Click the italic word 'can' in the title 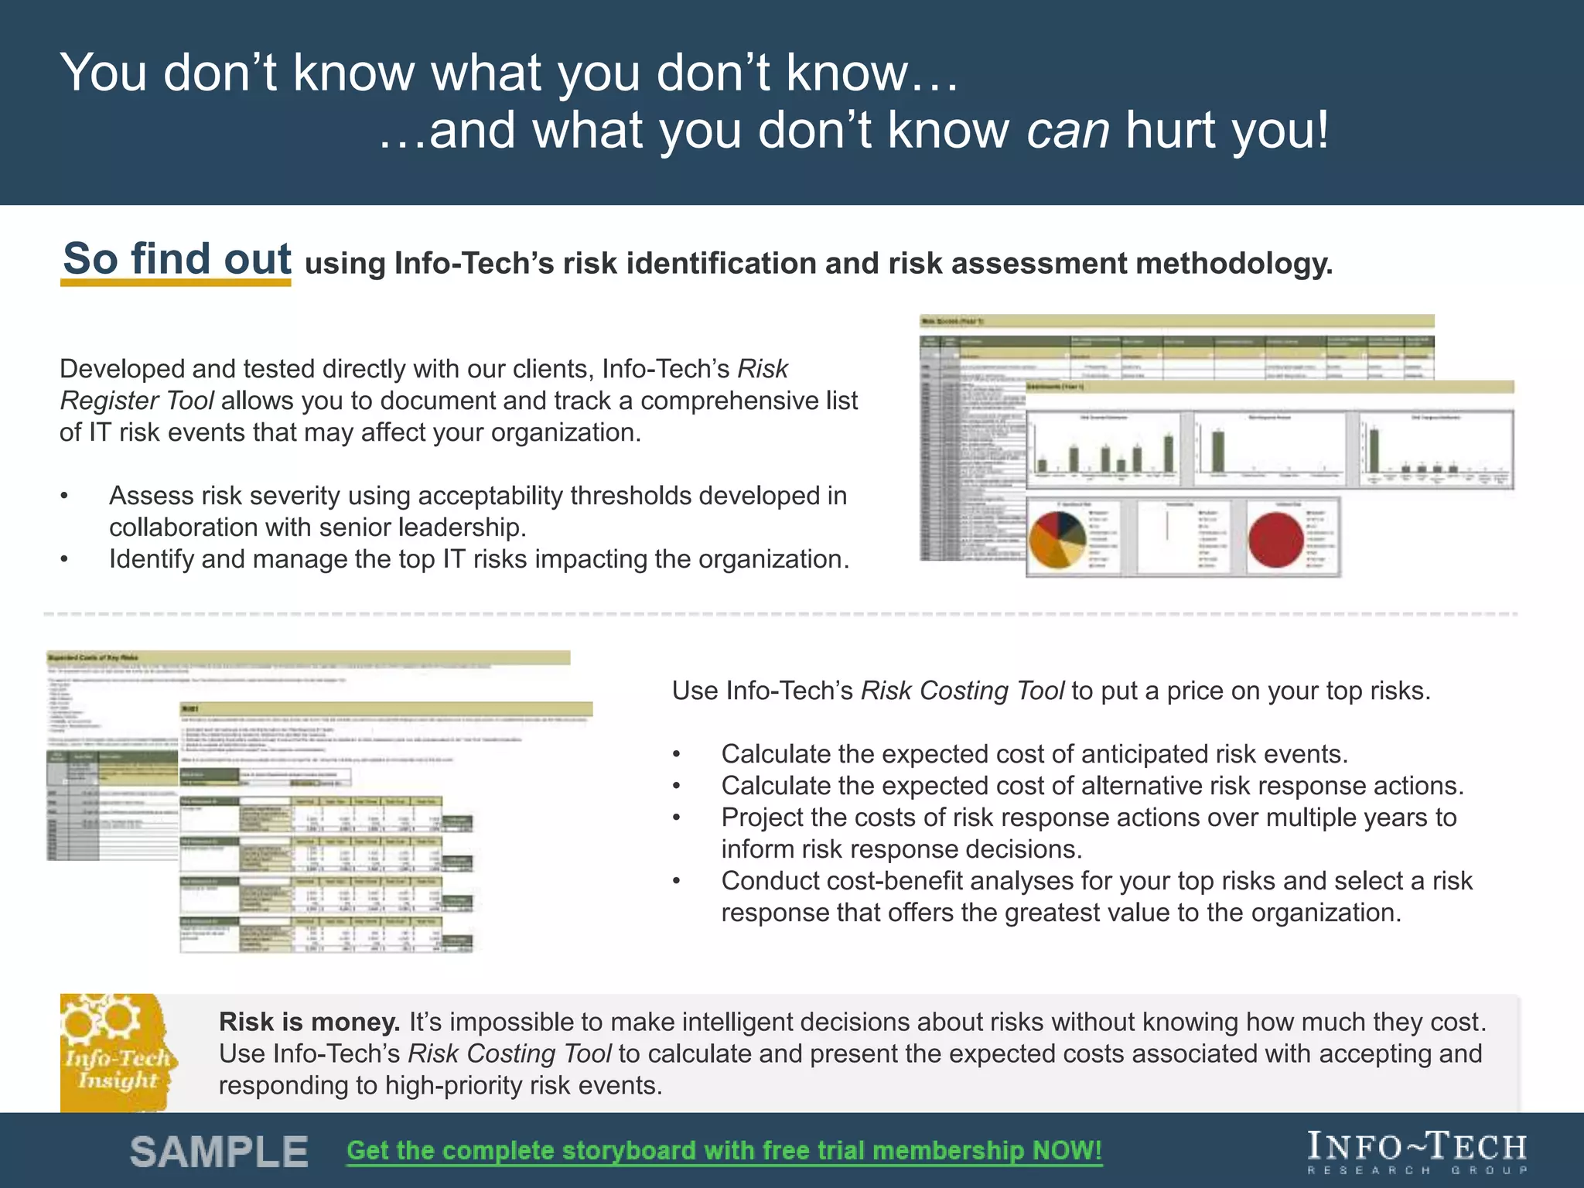(1067, 130)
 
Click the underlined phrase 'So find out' (176, 258)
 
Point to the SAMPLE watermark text (219, 1152)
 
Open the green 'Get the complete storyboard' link (724, 1151)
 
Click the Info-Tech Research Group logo (1417, 1152)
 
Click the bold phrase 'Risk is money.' (309, 1022)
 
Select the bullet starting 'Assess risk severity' (477, 511)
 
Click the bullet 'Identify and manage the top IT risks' (479, 559)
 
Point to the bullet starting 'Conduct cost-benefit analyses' (1096, 896)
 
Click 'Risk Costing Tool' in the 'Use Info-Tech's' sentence (962, 691)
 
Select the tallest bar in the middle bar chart (1218, 451)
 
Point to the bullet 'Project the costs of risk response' (1088, 833)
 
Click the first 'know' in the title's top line (353, 73)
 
